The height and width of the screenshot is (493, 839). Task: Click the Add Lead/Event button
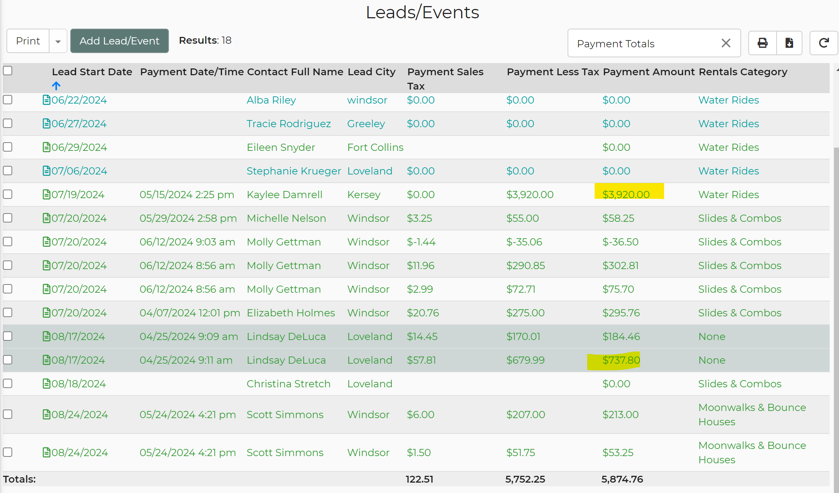[x=119, y=41]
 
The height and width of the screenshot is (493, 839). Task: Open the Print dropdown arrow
[x=58, y=41]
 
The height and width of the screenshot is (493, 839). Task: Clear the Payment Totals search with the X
[x=726, y=43]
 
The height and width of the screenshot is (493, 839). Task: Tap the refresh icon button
[x=824, y=43]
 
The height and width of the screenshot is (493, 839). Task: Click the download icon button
[x=789, y=43]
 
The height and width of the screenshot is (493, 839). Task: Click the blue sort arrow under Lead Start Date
[x=56, y=86]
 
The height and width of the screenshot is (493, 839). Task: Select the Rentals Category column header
[x=743, y=72]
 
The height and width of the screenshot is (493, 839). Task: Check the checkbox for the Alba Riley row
[x=8, y=100]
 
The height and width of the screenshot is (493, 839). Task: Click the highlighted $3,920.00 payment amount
[x=626, y=195]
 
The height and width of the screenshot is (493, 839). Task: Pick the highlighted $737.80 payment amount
[x=621, y=360]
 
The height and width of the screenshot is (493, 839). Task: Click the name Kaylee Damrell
[x=284, y=195]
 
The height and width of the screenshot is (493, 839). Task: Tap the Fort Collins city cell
[x=375, y=147]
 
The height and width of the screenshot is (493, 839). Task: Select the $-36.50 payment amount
[x=620, y=242]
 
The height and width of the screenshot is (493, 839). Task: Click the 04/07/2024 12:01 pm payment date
[x=190, y=313]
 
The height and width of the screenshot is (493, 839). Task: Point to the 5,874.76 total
[x=622, y=479]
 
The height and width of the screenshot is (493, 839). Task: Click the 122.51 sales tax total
[x=419, y=479]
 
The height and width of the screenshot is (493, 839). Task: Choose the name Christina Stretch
[x=288, y=384]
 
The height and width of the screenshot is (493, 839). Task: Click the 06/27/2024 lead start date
[x=79, y=124]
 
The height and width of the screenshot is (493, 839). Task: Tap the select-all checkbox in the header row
[x=8, y=71]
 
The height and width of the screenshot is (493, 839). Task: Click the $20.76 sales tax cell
[x=423, y=313]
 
